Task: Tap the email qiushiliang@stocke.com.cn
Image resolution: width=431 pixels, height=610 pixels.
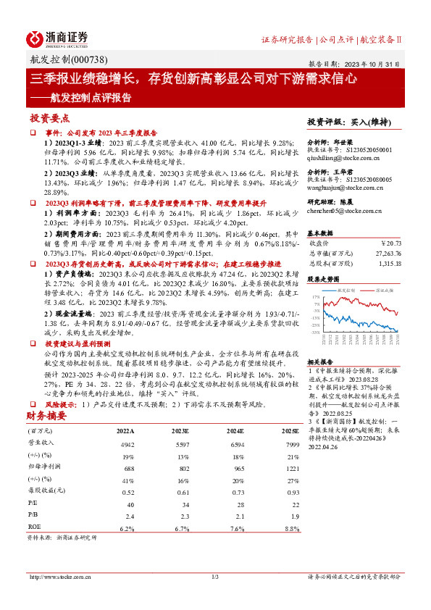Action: [x=350, y=157]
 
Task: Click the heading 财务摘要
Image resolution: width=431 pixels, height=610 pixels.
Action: [x=46, y=416]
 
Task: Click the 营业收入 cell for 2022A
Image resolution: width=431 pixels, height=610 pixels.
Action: [x=127, y=443]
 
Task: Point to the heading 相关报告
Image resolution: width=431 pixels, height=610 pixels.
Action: [x=319, y=361]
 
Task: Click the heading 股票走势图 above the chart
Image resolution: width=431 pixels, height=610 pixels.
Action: [x=322, y=278]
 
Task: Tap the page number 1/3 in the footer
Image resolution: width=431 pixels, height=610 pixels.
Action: [x=215, y=577]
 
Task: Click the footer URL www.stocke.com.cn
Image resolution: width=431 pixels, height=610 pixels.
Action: [x=59, y=577]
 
